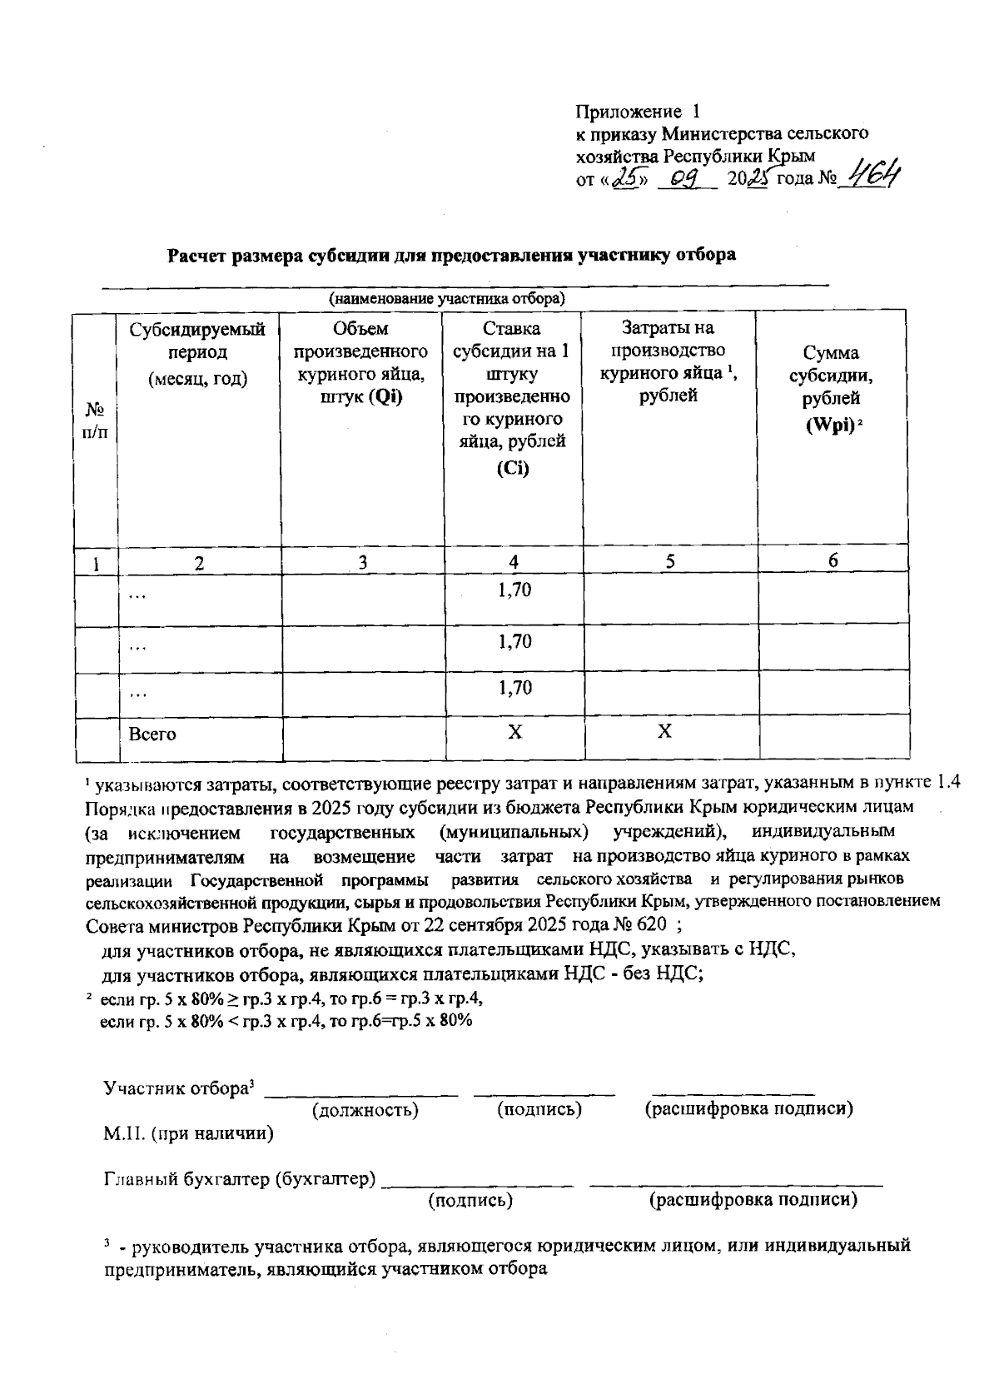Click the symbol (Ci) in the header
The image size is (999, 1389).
pos(513,468)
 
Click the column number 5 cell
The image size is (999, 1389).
pos(669,562)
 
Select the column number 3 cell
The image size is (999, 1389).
pos(362,562)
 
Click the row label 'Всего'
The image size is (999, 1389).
pos(152,734)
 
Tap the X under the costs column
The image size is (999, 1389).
pos(664,732)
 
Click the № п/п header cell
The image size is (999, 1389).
pos(96,421)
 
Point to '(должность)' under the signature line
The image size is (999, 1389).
pos(365,1110)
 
